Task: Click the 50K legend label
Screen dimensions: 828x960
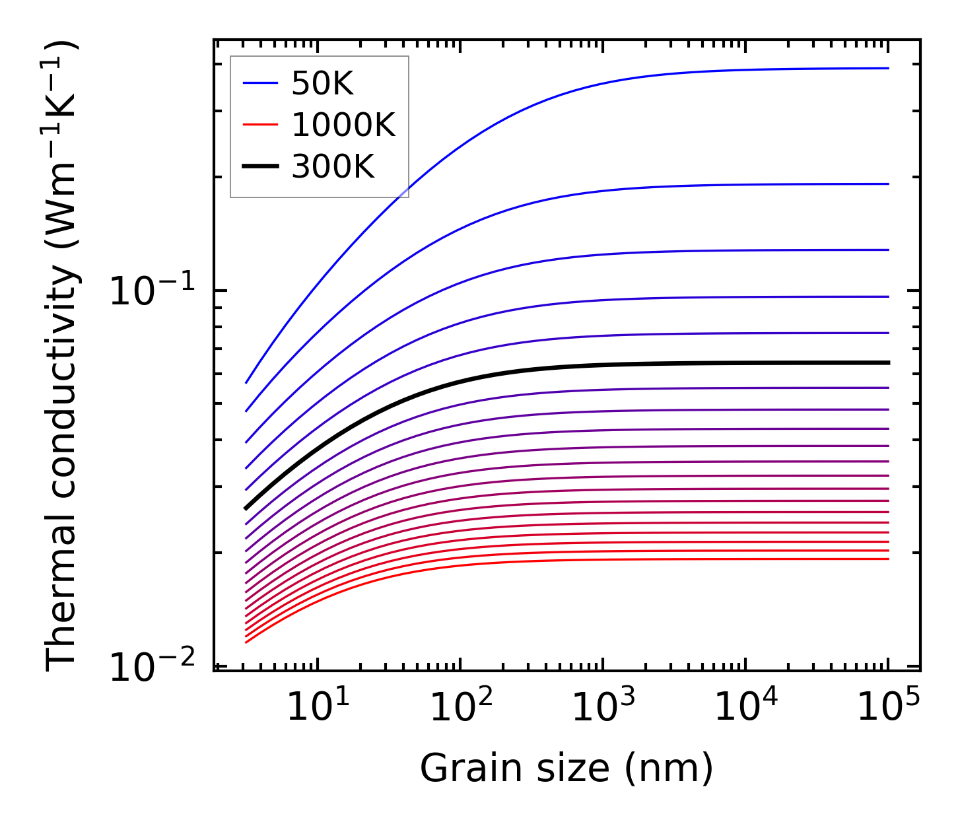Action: (322, 84)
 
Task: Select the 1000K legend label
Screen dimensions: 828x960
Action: (343, 125)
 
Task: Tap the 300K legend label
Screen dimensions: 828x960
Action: (333, 167)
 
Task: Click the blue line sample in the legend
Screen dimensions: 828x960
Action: (260, 83)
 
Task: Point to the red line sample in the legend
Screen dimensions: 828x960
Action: (260, 125)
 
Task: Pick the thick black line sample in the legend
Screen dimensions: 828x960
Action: (260, 166)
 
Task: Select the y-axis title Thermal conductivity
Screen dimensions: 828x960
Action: (63, 355)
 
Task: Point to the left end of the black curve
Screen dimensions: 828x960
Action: (246, 508)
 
